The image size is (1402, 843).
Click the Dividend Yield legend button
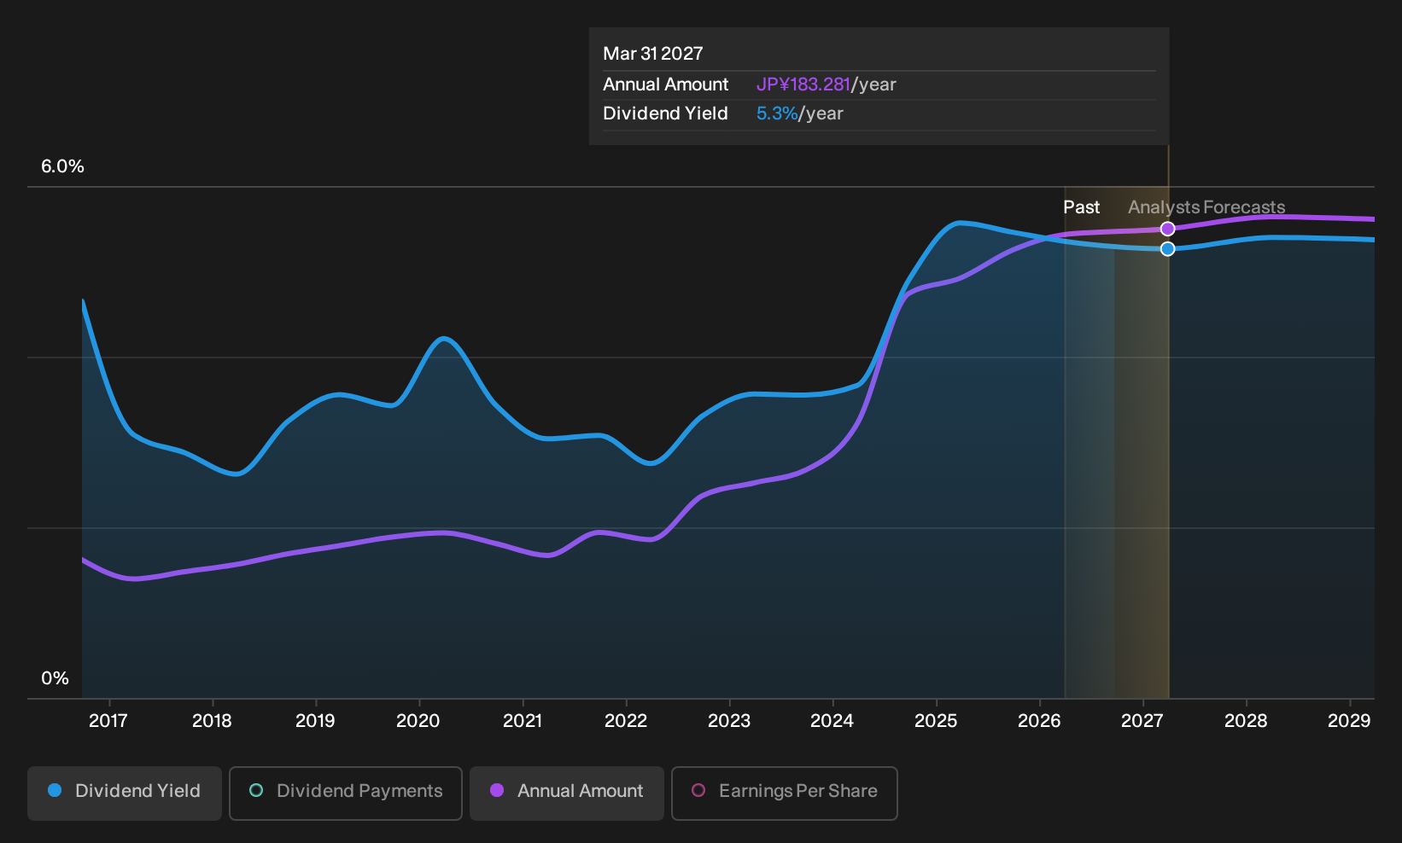coord(124,793)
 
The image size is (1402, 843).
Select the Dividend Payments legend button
coord(346,793)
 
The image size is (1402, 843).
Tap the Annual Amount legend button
coord(566,793)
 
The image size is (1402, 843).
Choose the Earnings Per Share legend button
coord(784,793)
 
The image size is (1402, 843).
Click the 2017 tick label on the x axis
coord(108,721)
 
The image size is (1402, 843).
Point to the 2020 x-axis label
coord(418,721)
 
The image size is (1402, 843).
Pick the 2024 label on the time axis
coord(832,721)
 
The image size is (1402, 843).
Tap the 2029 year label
coord(1349,721)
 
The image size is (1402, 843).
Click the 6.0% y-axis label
coord(62,166)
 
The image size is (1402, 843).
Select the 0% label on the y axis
coord(55,678)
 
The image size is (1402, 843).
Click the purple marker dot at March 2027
coord(1167,229)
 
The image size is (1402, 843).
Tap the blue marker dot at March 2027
coord(1167,249)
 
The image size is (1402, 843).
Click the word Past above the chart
coord(1082,207)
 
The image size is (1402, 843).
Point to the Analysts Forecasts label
coord(1206,207)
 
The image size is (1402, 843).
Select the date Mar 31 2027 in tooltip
coord(653,54)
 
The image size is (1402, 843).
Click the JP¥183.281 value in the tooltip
coord(803,84)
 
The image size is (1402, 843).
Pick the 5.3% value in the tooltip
coord(777,113)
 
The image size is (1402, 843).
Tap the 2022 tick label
coord(625,721)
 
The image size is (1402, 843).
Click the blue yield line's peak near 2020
coord(444,339)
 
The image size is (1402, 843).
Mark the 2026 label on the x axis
coord(1039,721)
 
